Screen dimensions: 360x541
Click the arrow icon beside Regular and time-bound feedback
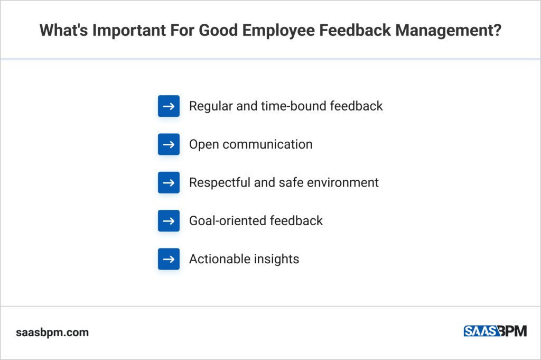[x=169, y=106]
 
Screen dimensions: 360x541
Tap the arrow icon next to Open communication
[x=169, y=144]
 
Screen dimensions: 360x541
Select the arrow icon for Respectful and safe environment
[x=169, y=182]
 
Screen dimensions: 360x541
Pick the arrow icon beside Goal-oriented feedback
[x=169, y=220]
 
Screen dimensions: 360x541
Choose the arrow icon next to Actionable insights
[x=169, y=259]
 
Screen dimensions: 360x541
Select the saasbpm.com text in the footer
[x=52, y=333]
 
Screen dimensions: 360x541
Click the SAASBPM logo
[x=495, y=331]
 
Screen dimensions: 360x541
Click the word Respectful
[x=219, y=182]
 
